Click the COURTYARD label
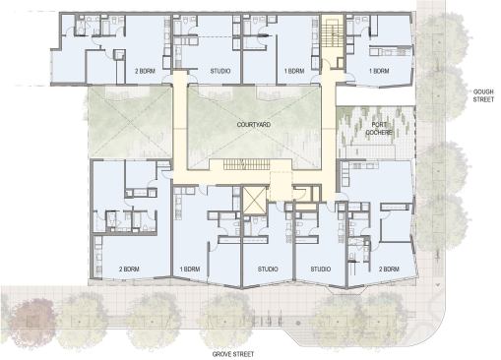pyautogui.click(x=253, y=127)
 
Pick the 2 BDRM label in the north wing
pyautogui.click(x=147, y=72)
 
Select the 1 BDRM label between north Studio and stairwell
pyautogui.click(x=293, y=72)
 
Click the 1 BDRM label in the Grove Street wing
pyautogui.click(x=191, y=269)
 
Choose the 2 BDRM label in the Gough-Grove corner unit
pyautogui.click(x=387, y=269)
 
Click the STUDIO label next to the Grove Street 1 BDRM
pyautogui.click(x=266, y=269)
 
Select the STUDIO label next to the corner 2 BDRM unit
pyautogui.click(x=320, y=269)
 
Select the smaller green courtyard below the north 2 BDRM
pyautogui.click(x=131, y=123)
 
